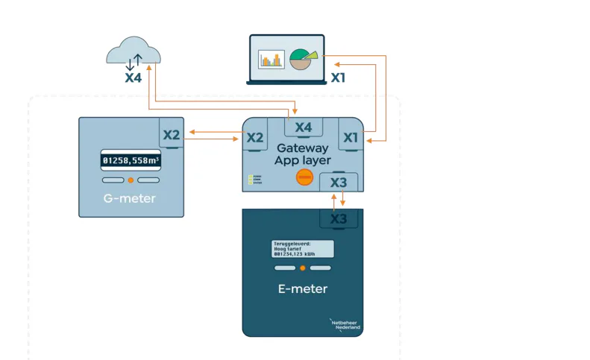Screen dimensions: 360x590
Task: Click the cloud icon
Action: (x=134, y=53)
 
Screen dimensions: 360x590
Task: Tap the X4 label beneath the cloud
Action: (x=134, y=78)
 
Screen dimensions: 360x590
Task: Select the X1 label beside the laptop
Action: (x=338, y=77)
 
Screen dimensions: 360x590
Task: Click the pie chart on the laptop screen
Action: (x=302, y=59)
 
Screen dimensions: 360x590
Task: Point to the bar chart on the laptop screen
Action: (x=272, y=60)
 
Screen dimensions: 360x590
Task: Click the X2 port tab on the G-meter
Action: (x=172, y=135)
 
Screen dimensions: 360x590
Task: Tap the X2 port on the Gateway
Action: (x=255, y=137)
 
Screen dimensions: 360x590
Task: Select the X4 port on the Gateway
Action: (x=303, y=127)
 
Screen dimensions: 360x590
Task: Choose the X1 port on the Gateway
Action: (x=351, y=137)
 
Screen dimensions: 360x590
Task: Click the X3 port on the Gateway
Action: (x=339, y=182)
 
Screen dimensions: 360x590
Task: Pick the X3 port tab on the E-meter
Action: (x=339, y=218)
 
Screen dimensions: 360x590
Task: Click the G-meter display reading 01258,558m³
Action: (x=131, y=160)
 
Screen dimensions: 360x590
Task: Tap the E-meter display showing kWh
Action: (x=302, y=249)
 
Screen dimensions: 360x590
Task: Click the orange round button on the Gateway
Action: (x=304, y=177)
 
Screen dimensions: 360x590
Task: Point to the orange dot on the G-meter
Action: (x=131, y=180)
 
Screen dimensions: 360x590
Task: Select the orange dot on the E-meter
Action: (x=303, y=268)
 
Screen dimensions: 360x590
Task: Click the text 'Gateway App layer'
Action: (x=302, y=154)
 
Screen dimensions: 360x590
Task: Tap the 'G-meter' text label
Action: (x=130, y=199)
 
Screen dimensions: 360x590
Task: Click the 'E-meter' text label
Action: (x=302, y=288)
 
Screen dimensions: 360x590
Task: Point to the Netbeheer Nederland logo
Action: (x=345, y=324)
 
